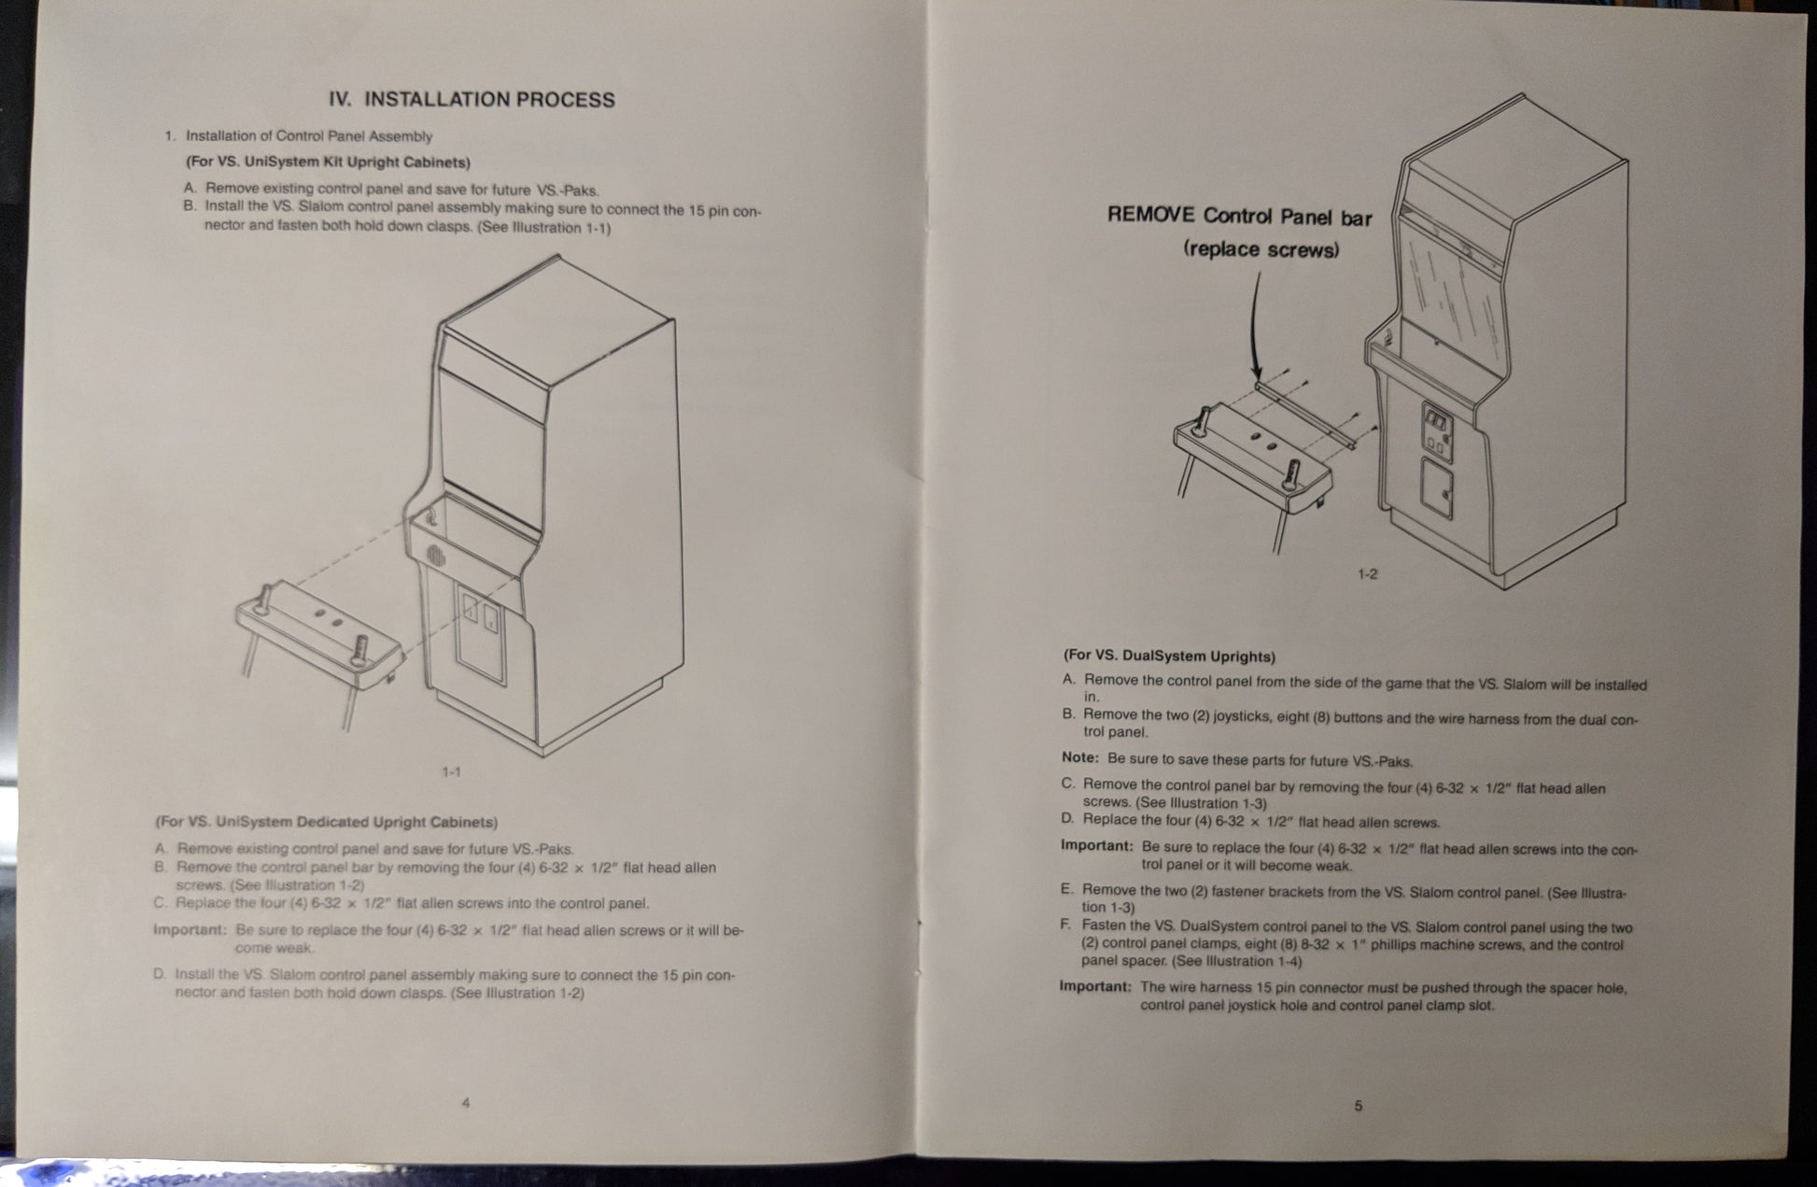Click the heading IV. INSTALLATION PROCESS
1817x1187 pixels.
[x=472, y=99]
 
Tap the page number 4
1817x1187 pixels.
[x=466, y=1103]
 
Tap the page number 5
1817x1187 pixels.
[x=1359, y=1106]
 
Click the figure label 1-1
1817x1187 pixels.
[x=451, y=771]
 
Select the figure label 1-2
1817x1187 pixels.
[x=1367, y=573]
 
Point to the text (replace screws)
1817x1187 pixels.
[x=1261, y=249]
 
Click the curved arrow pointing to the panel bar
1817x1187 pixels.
[x=1251, y=327]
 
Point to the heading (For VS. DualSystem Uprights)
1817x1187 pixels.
[x=1169, y=656]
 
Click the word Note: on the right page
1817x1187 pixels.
[x=1079, y=757]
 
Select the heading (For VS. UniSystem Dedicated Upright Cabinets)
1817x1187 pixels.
[x=326, y=822]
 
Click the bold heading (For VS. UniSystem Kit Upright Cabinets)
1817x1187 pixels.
[x=328, y=162]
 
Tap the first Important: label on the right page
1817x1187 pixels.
[x=1097, y=845]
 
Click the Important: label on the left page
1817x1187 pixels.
[x=190, y=930]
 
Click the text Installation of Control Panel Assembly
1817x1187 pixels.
[x=309, y=136]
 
